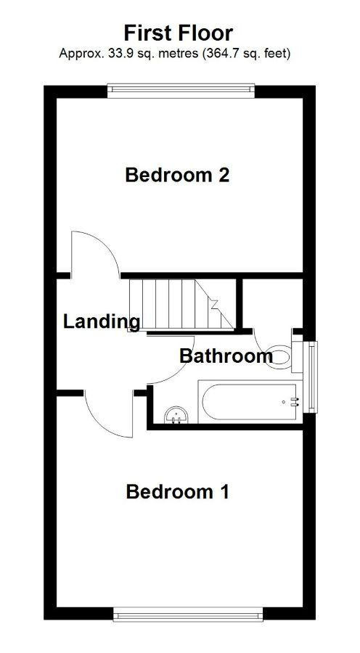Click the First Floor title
pos(179,33)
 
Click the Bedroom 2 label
pos(178,175)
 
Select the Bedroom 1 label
pos(178,492)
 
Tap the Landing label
pos(102,321)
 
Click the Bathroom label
pos(226,356)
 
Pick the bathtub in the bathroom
pos(250,401)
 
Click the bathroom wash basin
pos(176,415)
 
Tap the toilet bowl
pos(278,357)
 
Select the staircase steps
pos(181,305)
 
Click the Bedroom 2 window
pos(181,91)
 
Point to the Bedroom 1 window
pos(188,614)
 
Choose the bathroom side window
pos(310,377)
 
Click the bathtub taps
pos(295,402)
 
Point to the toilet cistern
pos(297,357)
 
